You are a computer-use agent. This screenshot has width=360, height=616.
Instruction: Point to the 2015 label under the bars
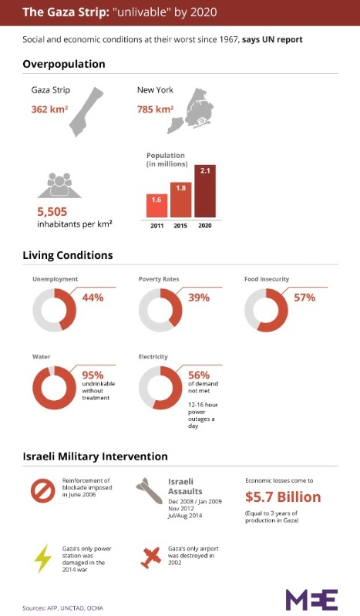click(x=180, y=224)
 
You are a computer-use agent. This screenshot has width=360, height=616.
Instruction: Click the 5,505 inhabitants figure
click(x=58, y=210)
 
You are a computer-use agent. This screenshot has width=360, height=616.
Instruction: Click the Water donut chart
click(x=55, y=387)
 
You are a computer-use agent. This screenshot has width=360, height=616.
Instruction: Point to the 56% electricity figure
click(x=200, y=375)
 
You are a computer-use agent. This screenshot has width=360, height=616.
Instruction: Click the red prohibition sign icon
click(x=44, y=490)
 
